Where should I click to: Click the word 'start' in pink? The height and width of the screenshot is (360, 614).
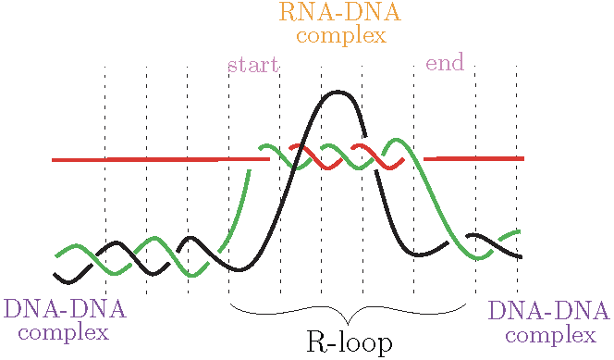[252, 66]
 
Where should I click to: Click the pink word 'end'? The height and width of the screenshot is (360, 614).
[444, 64]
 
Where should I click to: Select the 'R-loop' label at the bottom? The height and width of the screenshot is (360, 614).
[349, 342]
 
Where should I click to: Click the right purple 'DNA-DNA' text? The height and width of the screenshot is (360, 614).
[549, 311]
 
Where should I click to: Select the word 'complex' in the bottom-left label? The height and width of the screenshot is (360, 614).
[63, 332]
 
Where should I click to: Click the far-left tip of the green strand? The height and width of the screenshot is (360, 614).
[56, 255]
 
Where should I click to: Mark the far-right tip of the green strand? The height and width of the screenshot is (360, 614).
[521, 231]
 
